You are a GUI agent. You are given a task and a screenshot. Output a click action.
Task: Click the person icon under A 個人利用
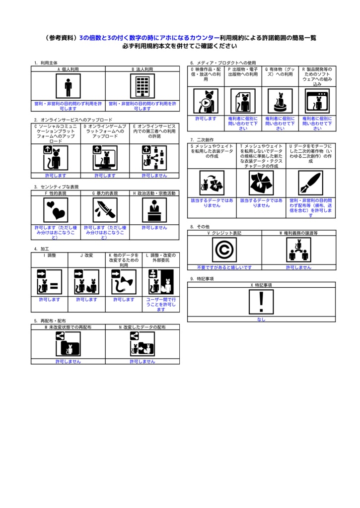pos(68,87)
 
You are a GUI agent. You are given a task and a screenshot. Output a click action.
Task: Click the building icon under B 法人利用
pos(143,87)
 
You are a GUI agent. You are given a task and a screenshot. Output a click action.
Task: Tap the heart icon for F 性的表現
pos(56,210)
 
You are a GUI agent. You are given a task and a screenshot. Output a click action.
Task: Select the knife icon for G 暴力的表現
pos(105,210)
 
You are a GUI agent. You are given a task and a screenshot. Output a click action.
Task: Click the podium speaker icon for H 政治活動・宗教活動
pos(154,210)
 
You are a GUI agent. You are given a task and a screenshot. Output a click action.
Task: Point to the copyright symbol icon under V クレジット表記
pos(224,250)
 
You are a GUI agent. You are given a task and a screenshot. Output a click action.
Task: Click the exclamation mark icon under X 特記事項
pos(261,302)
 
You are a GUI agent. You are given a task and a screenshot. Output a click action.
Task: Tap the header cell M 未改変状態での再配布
pos(68,328)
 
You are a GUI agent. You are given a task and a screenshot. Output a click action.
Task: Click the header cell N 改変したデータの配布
pos(143,328)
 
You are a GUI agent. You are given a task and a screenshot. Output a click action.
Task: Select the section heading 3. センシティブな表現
pos(56,187)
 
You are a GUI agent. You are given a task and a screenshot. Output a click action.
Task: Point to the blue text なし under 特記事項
pos(261,319)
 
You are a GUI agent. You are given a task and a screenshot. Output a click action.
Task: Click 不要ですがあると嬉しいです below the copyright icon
pos(224,267)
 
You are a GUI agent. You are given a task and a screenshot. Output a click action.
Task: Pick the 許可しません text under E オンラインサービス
pos(154,176)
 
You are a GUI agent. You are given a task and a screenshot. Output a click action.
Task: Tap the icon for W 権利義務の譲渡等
pos(298,250)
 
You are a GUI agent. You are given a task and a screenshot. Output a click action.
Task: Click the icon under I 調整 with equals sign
pos(50,282)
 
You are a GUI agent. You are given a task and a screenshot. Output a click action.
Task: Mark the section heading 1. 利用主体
pos(46,63)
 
